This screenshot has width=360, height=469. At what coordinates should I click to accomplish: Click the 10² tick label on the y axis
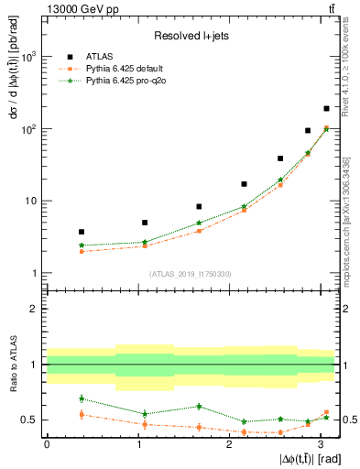(29, 129)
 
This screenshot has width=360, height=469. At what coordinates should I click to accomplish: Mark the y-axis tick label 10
(31, 201)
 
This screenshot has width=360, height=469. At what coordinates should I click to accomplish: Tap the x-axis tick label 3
(319, 443)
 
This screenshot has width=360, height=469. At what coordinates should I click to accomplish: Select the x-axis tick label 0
(46, 443)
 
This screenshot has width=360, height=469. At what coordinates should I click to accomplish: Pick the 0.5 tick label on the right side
(348, 420)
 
